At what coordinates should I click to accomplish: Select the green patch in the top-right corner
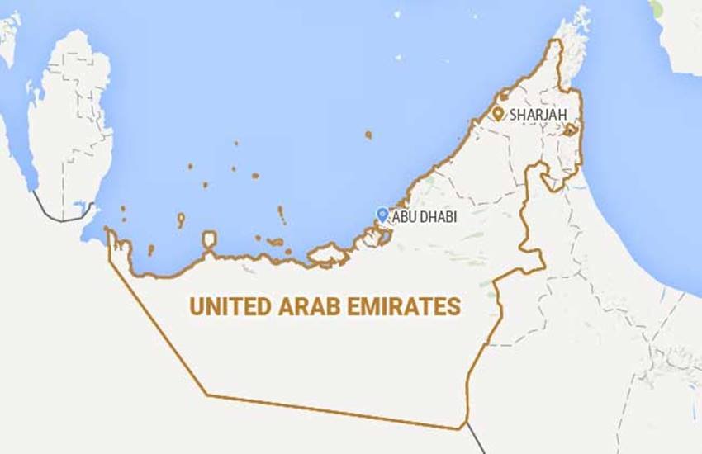656,8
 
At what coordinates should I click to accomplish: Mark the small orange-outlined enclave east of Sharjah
570,130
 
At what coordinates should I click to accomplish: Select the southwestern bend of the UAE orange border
206,395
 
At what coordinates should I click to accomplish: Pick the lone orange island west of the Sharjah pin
368,134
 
